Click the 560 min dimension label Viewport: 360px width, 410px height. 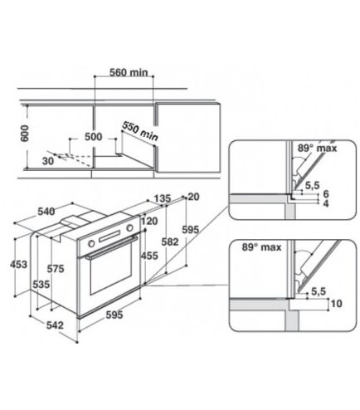pos(129,72)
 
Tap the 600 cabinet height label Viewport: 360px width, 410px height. pos(25,134)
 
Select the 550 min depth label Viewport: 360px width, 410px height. pos(140,131)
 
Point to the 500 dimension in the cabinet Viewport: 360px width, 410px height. pos(93,137)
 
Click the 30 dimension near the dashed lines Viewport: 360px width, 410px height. pos(48,161)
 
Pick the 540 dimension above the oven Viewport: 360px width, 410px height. pos(46,212)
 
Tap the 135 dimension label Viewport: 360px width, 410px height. pos(163,198)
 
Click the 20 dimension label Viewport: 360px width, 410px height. pos(193,197)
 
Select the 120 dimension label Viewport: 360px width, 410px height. pos(149,221)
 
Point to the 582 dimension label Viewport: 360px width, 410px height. pos(170,242)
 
